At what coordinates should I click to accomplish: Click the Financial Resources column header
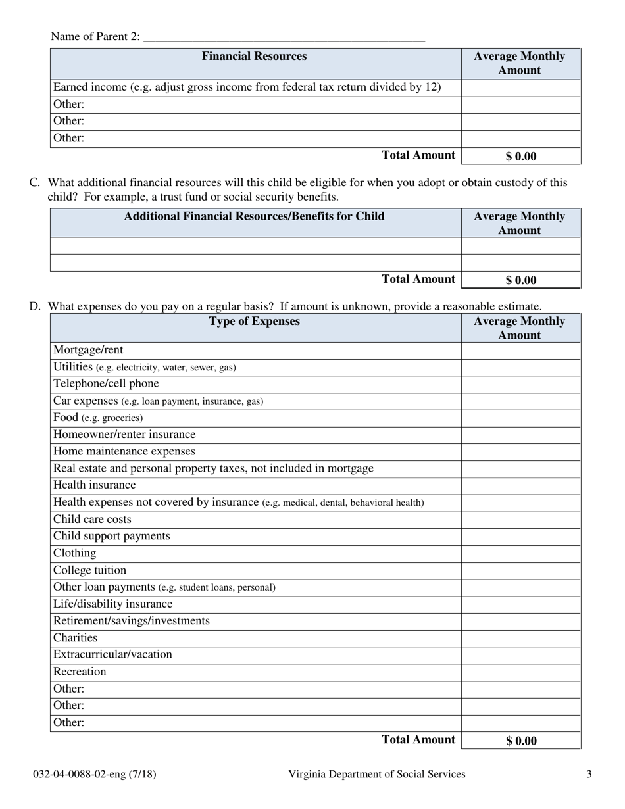point(254,57)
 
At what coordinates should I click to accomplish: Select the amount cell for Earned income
point(520,87)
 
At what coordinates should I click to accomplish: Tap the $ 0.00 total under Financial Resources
point(521,157)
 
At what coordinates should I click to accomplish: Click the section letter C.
point(35,183)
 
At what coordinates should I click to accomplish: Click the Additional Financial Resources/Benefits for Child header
point(254,216)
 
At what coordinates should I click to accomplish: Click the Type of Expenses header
point(254,322)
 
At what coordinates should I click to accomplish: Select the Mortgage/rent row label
point(88,350)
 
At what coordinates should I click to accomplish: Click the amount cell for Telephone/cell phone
point(520,384)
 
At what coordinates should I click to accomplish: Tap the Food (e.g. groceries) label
point(97,418)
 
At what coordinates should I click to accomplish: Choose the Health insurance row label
point(94,485)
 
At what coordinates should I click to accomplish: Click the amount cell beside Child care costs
point(520,520)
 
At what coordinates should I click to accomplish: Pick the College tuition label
point(89,570)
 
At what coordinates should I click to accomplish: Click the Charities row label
point(75,638)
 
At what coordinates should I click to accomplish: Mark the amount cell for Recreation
point(520,672)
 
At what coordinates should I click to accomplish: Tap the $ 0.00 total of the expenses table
point(521,741)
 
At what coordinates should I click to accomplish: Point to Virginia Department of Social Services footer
point(376,774)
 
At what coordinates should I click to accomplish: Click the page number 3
point(589,774)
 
